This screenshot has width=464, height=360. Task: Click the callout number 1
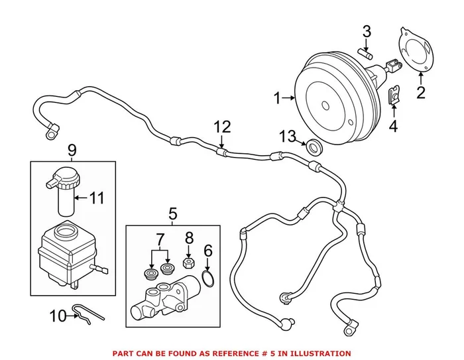pos(278,99)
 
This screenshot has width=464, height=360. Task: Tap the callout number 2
pos(420,92)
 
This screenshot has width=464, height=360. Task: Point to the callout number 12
pos(223,126)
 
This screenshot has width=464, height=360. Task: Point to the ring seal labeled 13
pos(314,147)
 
